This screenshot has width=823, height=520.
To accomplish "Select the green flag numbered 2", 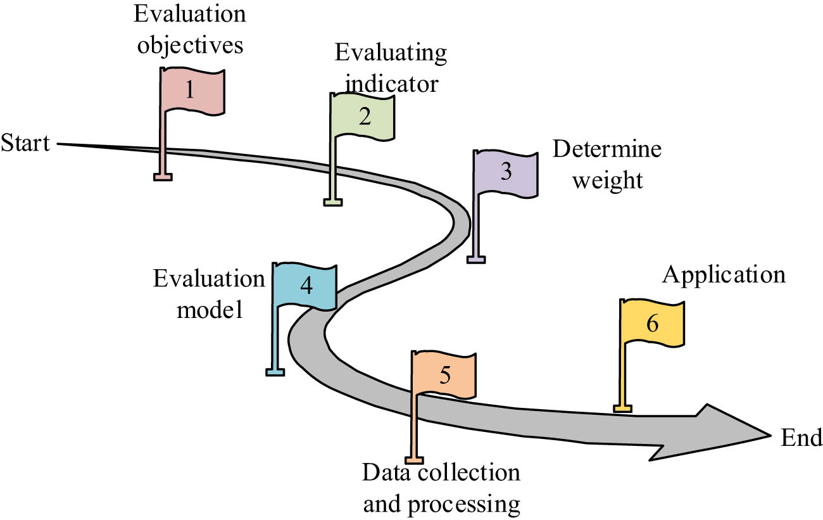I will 363,117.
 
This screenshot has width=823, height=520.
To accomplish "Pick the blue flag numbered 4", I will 305,286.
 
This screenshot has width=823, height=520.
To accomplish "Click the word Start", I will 25,143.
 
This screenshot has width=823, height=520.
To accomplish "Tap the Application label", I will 724,276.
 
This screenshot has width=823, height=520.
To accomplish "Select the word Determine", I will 606,150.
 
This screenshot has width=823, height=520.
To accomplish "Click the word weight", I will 606,181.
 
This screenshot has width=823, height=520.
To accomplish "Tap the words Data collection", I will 441,473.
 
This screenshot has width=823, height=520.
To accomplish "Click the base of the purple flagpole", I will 476,258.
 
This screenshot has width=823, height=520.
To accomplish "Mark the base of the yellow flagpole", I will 622,409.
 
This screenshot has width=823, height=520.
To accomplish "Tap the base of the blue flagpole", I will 274,372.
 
